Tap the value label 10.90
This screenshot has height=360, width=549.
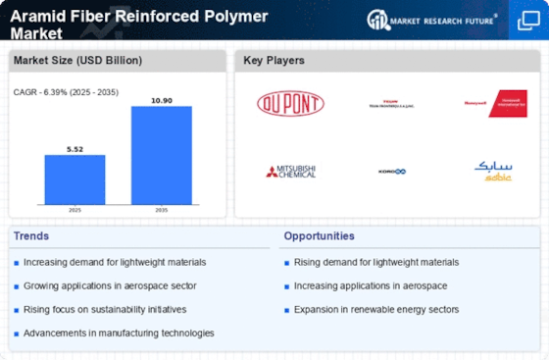161,99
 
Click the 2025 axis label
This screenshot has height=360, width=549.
75,210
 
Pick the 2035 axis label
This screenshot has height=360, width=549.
161,210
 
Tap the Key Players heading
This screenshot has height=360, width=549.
274,61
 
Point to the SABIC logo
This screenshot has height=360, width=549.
493,171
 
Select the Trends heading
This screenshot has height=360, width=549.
31,235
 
